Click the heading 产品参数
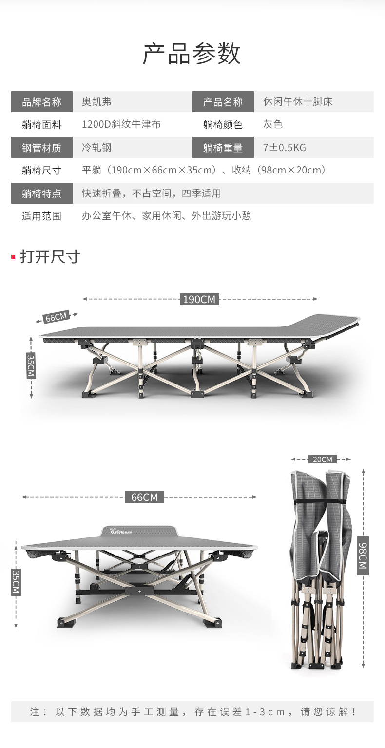coord(192,54)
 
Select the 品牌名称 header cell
coord(42,101)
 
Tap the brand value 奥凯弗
coord(96,101)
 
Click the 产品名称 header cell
coord(223,101)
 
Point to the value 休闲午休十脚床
coord(298,101)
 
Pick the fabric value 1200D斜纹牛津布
coord(121,124)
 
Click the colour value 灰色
coord(273,124)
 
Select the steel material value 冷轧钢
coord(96,147)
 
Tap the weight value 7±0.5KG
coord(285,147)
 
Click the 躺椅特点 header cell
coord(42,193)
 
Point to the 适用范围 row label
coord(42,216)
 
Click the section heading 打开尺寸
coord(50,257)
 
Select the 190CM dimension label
coord(199,299)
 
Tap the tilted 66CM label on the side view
coord(56,317)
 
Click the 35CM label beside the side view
coord(31,365)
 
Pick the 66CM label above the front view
coord(144,497)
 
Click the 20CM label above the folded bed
coord(323,459)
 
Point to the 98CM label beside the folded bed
coord(363,556)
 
